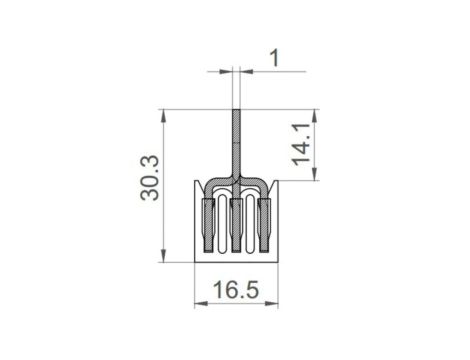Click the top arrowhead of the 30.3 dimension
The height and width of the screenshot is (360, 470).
pos(163,112)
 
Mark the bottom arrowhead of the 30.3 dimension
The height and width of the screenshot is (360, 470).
pos(163,256)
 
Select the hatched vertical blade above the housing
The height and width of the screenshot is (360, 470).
pos(236,140)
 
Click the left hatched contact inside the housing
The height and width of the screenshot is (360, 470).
pos(208,225)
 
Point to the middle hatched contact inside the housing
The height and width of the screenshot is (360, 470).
pos(236,225)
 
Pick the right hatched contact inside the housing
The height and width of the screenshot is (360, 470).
pos(264,225)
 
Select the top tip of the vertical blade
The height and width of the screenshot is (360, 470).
pos(236,108)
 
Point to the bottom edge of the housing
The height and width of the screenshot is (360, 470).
pos(236,260)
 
